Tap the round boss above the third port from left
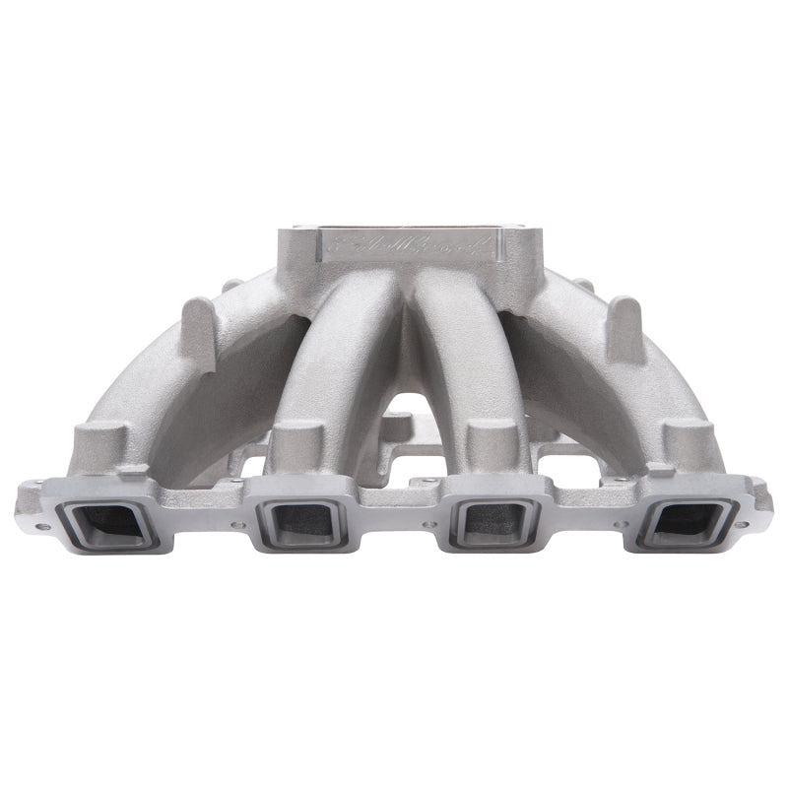(x=488, y=439)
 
